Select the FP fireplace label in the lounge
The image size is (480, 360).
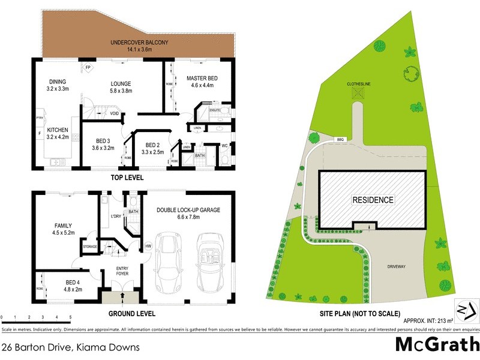tap(88, 67)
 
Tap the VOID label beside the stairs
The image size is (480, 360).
tap(114, 113)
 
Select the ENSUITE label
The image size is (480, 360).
tap(215, 110)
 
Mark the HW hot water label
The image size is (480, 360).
tap(148, 246)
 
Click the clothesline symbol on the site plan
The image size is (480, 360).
tap(359, 93)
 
